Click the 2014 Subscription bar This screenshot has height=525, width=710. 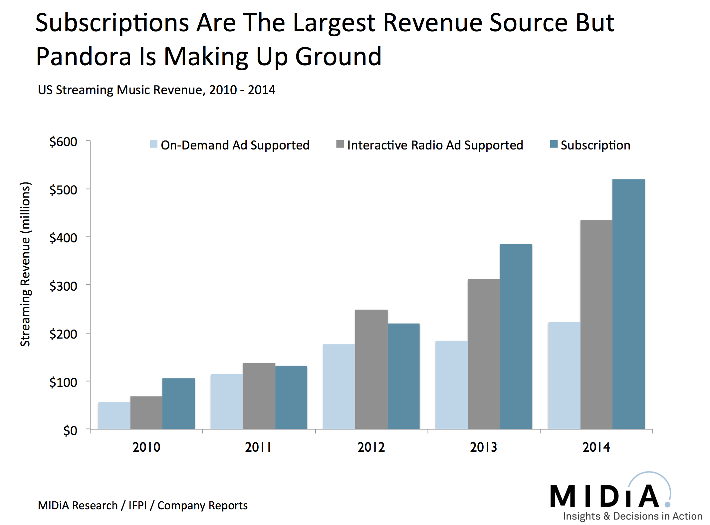click(x=628, y=304)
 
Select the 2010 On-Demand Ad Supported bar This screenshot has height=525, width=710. click(x=114, y=415)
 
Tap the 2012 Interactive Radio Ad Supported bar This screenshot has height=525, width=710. click(x=371, y=369)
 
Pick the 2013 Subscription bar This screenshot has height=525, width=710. click(x=516, y=336)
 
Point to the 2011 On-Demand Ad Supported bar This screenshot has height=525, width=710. click(x=226, y=401)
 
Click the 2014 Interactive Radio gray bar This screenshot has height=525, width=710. click(x=596, y=325)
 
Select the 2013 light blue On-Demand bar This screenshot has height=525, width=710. click(x=451, y=385)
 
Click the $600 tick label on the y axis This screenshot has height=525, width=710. click(x=63, y=142)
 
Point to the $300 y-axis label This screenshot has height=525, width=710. click(x=63, y=286)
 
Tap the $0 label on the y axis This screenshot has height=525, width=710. click(x=70, y=431)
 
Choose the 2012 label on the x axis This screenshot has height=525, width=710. click(x=371, y=447)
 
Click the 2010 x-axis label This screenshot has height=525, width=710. click(x=146, y=447)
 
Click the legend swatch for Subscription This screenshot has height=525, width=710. click(x=554, y=144)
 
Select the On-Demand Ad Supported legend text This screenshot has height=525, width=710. click(x=235, y=145)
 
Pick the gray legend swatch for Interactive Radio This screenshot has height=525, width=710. click(x=340, y=144)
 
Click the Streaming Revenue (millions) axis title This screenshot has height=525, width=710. click(x=25, y=264)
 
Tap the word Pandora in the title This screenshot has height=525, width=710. click(x=84, y=57)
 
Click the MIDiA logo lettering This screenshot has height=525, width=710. click(x=604, y=496)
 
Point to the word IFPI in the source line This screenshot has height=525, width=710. click(x=137, y=505)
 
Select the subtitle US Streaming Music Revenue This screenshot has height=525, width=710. click(x=156, y=90)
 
